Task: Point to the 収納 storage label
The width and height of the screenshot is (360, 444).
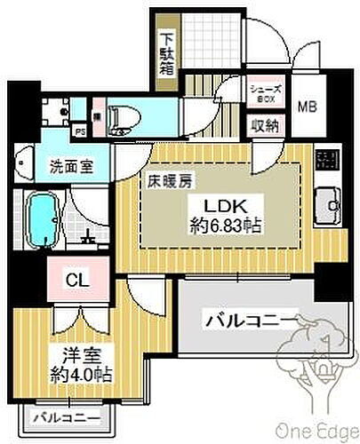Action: coord(264,125)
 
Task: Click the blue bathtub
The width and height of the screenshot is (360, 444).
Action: coord(44,218)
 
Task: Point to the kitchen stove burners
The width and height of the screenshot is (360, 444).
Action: coord(327,161)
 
